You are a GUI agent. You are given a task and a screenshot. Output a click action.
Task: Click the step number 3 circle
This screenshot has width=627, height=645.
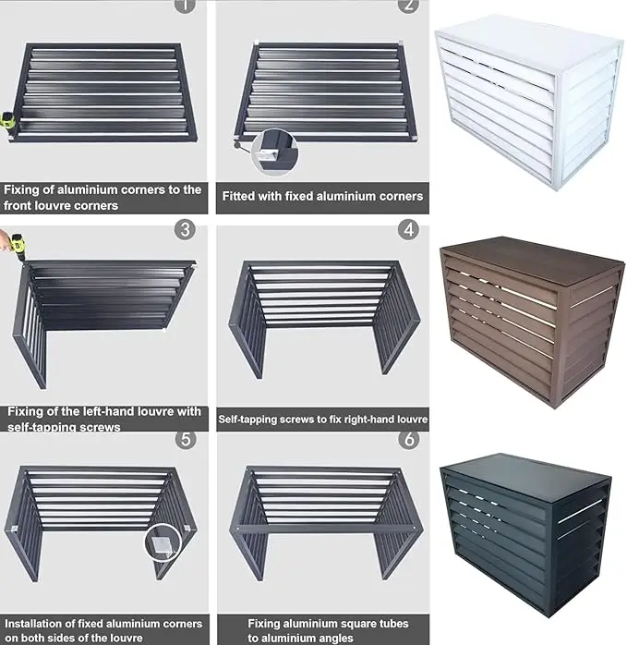[x=186, y=229]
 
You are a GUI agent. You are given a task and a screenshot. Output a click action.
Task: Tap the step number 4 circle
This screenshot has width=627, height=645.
[x=407, y=229]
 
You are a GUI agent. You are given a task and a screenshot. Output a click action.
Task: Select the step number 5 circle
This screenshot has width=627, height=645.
[x=186, y=438]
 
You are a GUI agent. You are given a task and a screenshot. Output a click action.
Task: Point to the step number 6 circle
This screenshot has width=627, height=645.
[x=407, y=438]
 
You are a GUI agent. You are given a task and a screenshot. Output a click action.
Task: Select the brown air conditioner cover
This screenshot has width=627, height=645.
[x=528, y=314]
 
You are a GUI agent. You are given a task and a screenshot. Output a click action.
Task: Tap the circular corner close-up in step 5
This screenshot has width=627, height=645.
[x=164, y=540]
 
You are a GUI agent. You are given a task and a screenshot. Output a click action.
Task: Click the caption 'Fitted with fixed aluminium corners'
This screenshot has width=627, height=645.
[x=322, y=196]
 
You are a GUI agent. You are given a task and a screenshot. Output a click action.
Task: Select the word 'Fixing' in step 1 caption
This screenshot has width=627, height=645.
[x=22, y=189]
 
